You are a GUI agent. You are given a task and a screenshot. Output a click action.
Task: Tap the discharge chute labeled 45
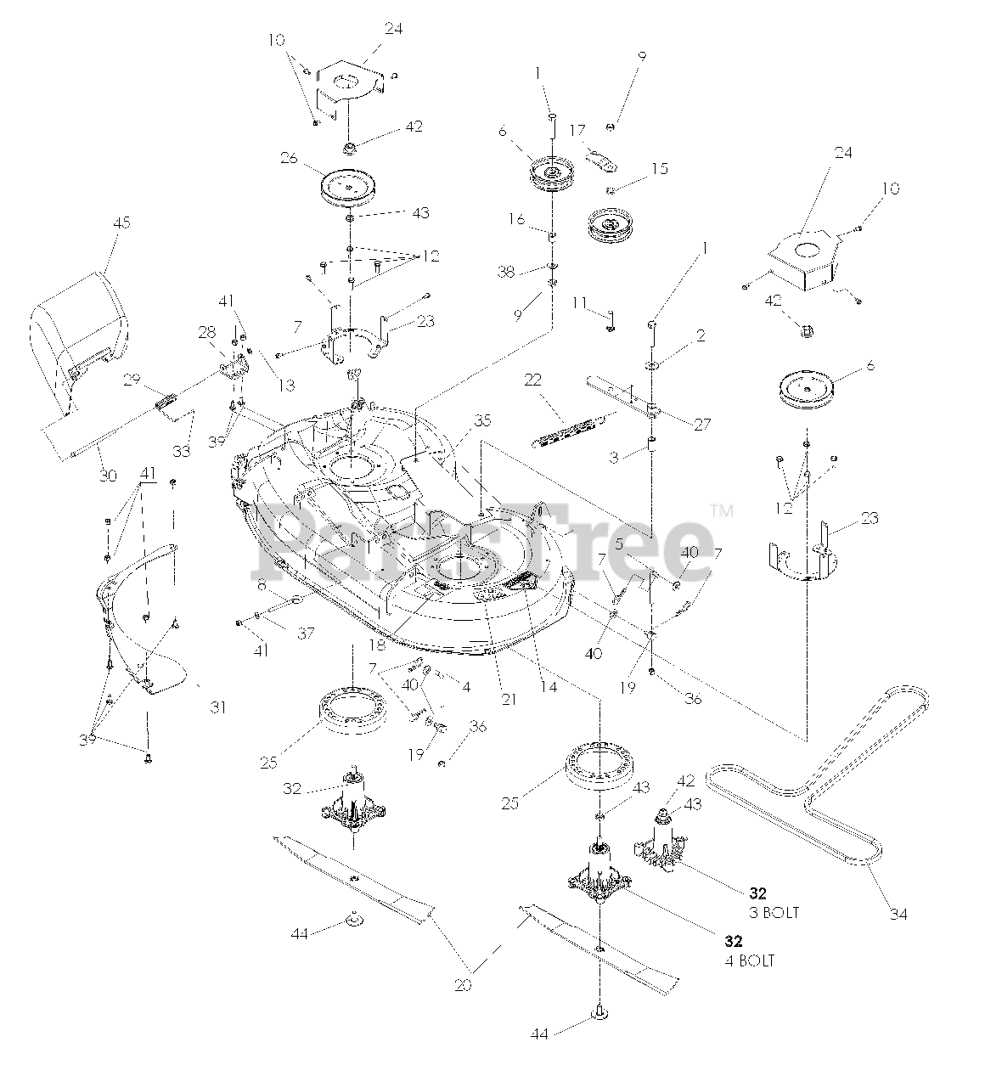coord(81,335)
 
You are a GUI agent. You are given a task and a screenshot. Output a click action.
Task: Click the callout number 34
coord(898,914)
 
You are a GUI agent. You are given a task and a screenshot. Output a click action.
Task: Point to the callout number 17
coord(577,131)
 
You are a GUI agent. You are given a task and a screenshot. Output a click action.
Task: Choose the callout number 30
coord(108,476)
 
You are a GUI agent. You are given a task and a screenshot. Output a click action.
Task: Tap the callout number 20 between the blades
coord(464,986)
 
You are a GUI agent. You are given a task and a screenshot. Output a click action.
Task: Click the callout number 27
coord(701,425)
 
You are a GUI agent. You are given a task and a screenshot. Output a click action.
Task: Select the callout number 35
coord(482,420)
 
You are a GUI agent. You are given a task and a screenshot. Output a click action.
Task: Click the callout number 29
coord(132,380)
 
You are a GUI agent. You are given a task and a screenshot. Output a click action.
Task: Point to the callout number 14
coord(549,687)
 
